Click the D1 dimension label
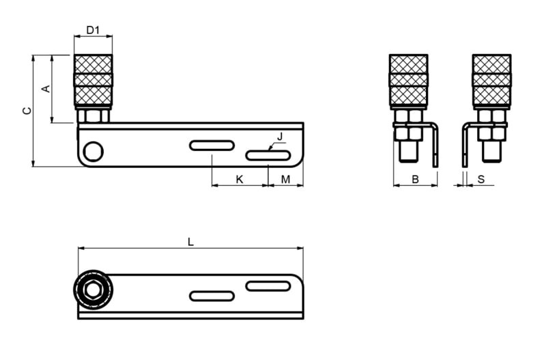point(93,30)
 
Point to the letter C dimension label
point(27,111)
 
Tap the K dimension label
point(239,179)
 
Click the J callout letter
point(280,136)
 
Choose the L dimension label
point(190,241)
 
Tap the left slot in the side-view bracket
point(212,145)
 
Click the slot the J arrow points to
point(267,156)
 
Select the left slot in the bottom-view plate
point(212,296)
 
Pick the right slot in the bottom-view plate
point(268,286)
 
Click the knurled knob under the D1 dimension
point(93,80)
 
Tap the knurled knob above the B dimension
point(408,80)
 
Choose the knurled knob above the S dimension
point(491,80)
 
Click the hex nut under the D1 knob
point(93,115)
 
